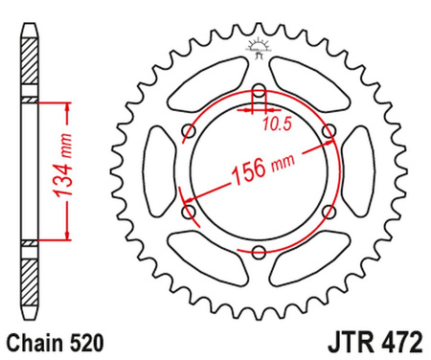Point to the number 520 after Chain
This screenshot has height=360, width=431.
[79, 340]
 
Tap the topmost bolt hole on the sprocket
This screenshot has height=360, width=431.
[259, 92]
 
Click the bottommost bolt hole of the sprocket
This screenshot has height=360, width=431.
[259, 252]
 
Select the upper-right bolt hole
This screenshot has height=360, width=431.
[329, 132]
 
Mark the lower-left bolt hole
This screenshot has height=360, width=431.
[189, 212]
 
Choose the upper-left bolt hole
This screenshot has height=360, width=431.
[189, 132]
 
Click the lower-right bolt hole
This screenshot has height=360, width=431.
[329, 212]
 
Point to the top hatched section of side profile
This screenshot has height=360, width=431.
[31, 67]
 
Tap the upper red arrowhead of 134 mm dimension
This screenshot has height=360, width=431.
[66, 102]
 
